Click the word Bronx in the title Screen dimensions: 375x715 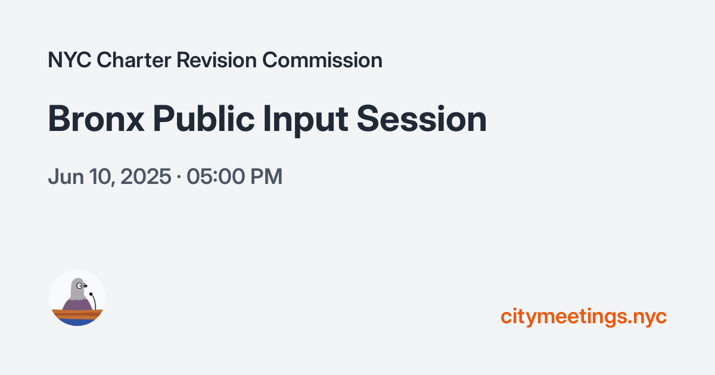[x=95, y=119]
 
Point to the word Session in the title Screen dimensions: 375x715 [x=422, y=119]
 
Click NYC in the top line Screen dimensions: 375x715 [x=69, y=60]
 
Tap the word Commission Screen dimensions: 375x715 [x=322, y=60]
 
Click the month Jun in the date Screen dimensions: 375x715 [x=63, y=177]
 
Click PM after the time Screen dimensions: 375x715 [x=265, y=177]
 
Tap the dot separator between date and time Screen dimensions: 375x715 [x=179, y=177]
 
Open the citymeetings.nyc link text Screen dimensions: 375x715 [x=583, y=316]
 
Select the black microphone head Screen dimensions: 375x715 [x=91, y=293]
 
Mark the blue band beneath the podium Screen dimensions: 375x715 [x=77, y=322]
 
